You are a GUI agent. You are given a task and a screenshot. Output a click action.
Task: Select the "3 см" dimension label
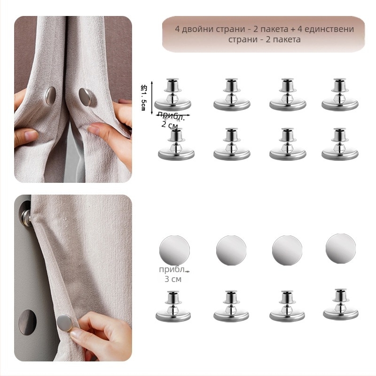173,279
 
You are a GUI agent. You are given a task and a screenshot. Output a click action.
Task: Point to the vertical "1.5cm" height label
143,98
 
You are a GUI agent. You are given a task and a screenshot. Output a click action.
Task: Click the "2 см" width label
170,125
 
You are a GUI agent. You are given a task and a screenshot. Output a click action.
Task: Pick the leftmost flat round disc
174,251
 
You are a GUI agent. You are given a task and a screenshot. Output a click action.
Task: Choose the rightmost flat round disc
340,249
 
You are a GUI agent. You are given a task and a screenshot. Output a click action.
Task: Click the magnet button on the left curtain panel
51,96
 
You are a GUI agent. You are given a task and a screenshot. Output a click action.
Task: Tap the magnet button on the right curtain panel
86,97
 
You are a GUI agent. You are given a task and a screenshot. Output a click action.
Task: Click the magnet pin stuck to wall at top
26,217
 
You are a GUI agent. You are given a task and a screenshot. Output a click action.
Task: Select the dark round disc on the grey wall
28,322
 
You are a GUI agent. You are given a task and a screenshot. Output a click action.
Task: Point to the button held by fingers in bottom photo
64,323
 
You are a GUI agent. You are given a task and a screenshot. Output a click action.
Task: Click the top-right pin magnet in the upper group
340,94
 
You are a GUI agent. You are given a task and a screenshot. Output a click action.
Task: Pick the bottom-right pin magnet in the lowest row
340,304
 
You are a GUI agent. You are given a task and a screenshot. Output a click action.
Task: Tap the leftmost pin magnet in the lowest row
173,306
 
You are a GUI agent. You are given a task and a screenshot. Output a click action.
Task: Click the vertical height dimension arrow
152,98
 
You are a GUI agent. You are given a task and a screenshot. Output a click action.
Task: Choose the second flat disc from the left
231,251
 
